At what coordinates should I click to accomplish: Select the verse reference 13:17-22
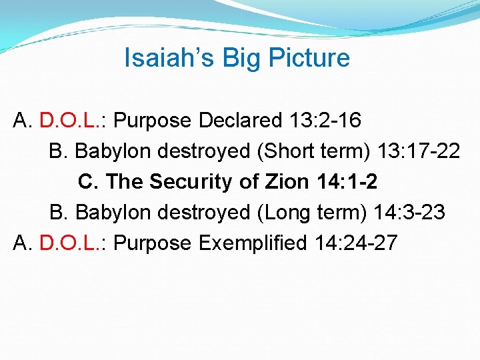point(418,151)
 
